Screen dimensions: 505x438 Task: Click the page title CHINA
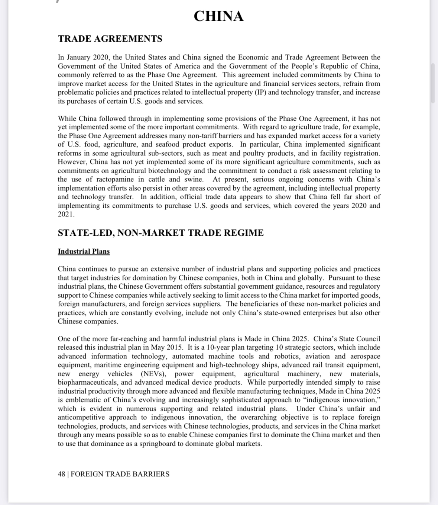point(218,16)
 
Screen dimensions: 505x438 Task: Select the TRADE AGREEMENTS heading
point(110,39)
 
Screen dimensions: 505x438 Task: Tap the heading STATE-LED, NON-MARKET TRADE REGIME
point(160,233)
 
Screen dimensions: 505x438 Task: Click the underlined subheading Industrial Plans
point(84,251)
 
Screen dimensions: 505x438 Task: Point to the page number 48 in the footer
point(61,474)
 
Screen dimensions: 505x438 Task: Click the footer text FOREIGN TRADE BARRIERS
point(120,474)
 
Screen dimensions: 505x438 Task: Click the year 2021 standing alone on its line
point(65,215)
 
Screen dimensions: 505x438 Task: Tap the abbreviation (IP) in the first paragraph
point(260,92)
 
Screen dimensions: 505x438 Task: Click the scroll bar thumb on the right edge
point(432,83)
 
